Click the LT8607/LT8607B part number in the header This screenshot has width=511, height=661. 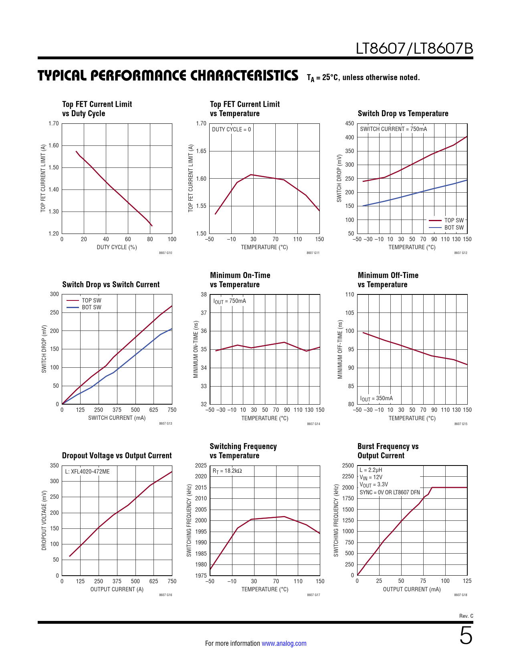tap(414, 49)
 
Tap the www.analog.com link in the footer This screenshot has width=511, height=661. tap(284, 643)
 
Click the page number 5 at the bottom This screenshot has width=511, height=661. tap(466, 636)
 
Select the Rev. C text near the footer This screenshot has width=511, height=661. tap(466, 616)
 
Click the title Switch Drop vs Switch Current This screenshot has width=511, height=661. tap(111, 284)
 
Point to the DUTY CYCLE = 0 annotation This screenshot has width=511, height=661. tap(231, 129)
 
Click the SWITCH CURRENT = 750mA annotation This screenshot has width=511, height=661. tap(393, 129)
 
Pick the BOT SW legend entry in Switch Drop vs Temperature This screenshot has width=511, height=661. tap(454, 228)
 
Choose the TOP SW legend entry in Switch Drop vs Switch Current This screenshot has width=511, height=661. tap(91, 300)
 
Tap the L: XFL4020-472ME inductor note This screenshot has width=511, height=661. tap(87, 472)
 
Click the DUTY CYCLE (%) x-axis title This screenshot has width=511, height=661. tap(117, 247)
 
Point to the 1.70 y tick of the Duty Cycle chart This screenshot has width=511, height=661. tap(54, 123)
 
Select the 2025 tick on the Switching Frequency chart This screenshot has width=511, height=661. tap(201, 466)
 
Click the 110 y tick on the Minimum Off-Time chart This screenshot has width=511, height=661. tap(349, 294)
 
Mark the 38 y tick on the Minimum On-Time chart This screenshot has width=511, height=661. tap(204, 294)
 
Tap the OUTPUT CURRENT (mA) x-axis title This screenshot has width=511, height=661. tap(412, 589)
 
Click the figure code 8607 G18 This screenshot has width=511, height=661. tap(461, 595)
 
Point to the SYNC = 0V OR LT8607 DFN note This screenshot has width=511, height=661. tap(390, 492)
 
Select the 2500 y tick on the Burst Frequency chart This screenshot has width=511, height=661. tap(348, 466)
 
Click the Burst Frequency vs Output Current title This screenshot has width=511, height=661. tap(388, 451)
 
